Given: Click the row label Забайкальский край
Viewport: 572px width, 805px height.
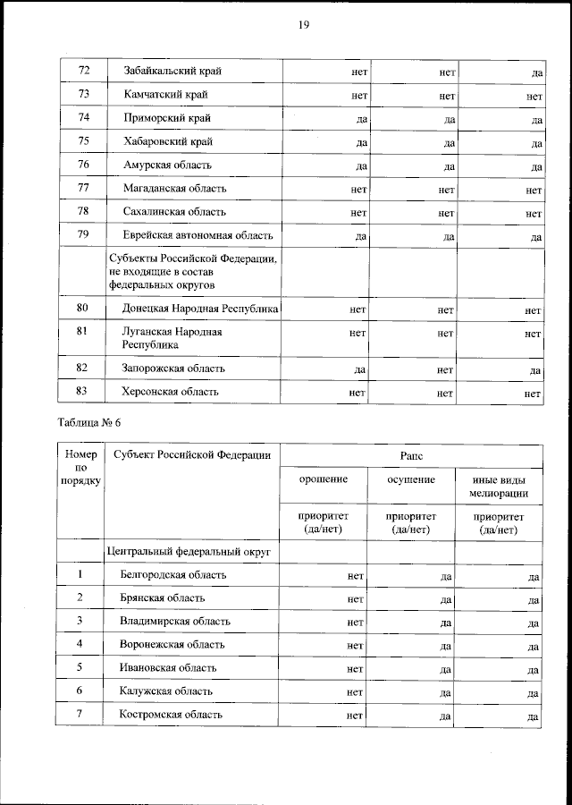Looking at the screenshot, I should pyautogui.click(x=173, y=71).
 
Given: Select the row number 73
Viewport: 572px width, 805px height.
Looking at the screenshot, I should pyautogui.click(x=84, y=94).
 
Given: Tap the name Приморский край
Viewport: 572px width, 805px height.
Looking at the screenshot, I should pyautogui.click(x=168, y=118).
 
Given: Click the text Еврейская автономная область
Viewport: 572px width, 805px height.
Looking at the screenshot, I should pyautogui.click(x=198, y=236).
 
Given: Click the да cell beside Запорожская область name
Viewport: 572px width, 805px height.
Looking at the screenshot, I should pyautogui.click(x=357, y=369).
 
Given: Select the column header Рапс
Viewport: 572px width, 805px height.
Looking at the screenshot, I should pyautogui.click(x=412, y=455).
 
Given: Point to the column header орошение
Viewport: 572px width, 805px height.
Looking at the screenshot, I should pyautogui.click(x=324, y=480).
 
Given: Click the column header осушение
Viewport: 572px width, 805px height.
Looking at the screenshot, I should pyautogui.click(x=411, y=480).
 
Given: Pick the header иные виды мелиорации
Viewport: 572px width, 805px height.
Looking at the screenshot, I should pyautogui.click(x=500, y=487).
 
